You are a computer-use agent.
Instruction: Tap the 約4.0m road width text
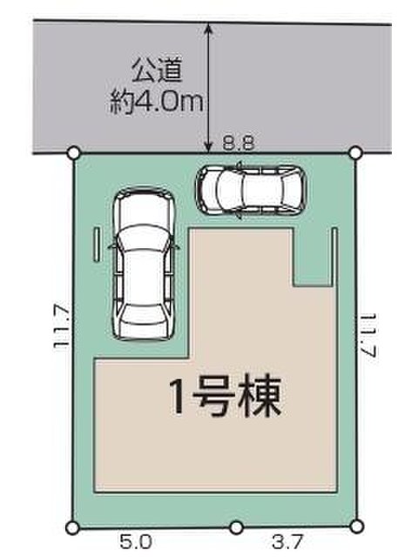pyautogui.click(x=157, y=102)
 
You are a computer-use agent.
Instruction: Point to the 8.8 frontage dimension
pyautogui.click(x=239, y=144)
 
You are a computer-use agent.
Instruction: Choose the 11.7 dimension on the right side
pyautogui.click(x=368, y=334)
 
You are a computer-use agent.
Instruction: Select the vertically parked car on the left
pyautogui.click(x=144, y=263)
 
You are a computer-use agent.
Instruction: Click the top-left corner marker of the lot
pyautogui.click(x=73, y=153)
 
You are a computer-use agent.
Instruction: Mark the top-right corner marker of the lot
pyautogui.click(x=355, y=153)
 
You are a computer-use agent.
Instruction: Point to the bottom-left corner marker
pyautogui.click(x=72, y=527)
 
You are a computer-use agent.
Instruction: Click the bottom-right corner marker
pyautogui.click(x=356, y=526)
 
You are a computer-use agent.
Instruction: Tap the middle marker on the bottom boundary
pyautogui.click(x=236, y=527)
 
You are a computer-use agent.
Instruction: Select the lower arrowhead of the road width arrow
pyautogui.click(x=209, y=147)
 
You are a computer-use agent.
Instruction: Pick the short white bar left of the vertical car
pyautogui.click(x=97, y=245)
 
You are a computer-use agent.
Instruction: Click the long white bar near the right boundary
pyautogui.click(x=334, y=257)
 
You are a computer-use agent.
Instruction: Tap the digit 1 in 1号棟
pyautogui.click(x=178, y=397)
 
